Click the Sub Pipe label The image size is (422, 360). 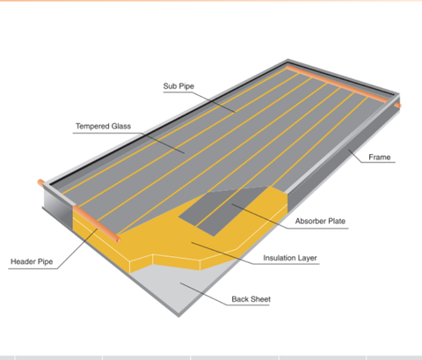point(178,86)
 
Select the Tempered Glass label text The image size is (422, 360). point(103,126)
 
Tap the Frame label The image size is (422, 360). point(380,158)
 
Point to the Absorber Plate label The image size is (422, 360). point(320,221)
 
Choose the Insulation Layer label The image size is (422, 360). point(290,258)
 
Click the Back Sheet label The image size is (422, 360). point(251,299)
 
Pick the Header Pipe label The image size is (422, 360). point(32,261)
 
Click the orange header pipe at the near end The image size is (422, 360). point(97,224)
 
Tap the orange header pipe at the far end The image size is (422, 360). point(338,84)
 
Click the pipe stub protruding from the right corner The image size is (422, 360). point(397,106)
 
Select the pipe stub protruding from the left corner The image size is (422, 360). point(41,182)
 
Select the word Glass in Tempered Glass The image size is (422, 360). point(120,126)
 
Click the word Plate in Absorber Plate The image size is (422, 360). point(337,221)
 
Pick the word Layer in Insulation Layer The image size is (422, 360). point(308,258)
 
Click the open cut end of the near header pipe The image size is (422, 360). point(119,240)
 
